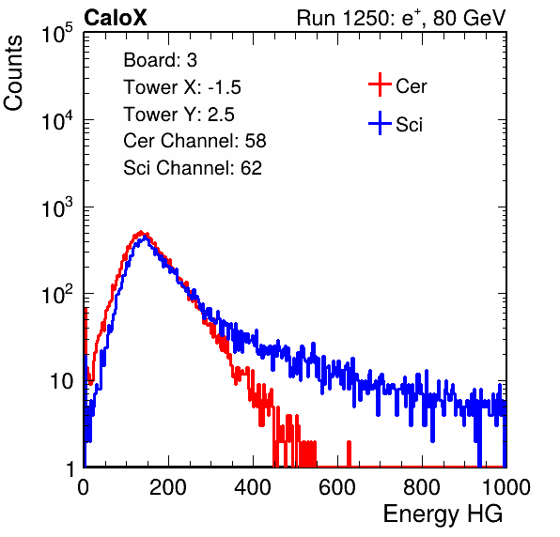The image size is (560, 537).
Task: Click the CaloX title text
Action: pyautogui.click(x=116, y=18)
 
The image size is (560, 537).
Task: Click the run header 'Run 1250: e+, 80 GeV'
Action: pyautogui.click(x=401, y=18)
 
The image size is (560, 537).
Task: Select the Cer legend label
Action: pyautogui.click(x=411, y=86)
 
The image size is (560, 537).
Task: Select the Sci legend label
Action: pyautogui.click(x=409, y=125)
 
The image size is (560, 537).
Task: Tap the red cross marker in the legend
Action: pyautogui.click(x=380, y=84)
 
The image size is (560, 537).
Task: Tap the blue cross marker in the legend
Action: pyautogui.click(x=380, y=123)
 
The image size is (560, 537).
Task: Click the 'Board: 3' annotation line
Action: pyautogui.click(x=160, y=60)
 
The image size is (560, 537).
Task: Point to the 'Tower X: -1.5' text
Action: pyautogui.click(x=182, y=87)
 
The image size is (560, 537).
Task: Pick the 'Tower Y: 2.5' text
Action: pyautogui.click(x=179, y=115)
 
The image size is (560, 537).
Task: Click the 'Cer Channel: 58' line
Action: pyautogui.click(x=194, y=141)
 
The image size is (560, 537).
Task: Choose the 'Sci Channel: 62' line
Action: pyautogui.click(x=193, y=168)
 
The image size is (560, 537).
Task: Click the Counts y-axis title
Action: pyautogui.click(x=13, y=72)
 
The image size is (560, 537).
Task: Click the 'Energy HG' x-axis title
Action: pyautogui.click(x=443, y=514)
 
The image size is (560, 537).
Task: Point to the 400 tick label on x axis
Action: pyautogui.click(x=253, y=487)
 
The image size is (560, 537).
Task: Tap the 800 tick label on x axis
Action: pyautogui.click(x=422, y=487)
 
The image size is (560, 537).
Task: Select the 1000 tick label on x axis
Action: pyautogui.click(x=506, y=487)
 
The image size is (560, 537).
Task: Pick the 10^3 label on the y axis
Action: pyautogui.click(x=57, y=207)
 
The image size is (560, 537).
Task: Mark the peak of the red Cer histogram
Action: pyautogui.click(x=141, y=232)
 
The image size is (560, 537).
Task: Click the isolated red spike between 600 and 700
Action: pyautogui.click(x=349, y=453)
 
